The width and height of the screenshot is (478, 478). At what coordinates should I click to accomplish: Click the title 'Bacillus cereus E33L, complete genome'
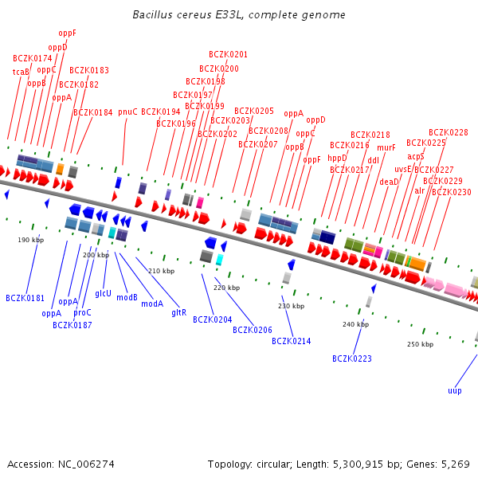coord(238,15)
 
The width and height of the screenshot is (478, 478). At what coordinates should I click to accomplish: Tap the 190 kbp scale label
coord(30,239)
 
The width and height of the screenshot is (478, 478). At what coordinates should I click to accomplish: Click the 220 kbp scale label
coord(226,288)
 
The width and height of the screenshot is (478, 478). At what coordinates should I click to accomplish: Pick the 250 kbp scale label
coord(420,344)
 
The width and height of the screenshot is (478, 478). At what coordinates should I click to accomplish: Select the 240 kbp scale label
coord(355,324)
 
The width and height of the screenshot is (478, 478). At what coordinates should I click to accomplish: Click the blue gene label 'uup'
coord(454,390)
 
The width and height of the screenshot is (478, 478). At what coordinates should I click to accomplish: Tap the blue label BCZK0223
coord(352,358)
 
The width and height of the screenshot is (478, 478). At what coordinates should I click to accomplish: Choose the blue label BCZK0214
coord(291,341)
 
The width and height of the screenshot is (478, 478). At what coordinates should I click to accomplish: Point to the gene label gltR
coord(179,312)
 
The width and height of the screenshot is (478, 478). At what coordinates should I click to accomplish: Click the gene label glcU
coord(103,293)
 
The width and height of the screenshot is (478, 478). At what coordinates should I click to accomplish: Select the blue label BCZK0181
coord(25,298)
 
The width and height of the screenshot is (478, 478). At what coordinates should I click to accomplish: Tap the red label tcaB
coord(21,72)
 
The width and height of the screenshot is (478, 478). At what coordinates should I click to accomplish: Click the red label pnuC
coord(127,112)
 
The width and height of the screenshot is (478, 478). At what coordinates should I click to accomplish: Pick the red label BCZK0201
coord(228,54)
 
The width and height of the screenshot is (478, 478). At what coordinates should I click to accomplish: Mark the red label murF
coord(386,147)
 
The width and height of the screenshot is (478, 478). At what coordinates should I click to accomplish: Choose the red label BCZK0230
coord(451,192)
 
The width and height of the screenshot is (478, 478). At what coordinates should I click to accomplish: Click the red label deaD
coord(389,182)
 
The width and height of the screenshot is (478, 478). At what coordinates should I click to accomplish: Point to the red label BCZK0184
coord(93,112)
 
